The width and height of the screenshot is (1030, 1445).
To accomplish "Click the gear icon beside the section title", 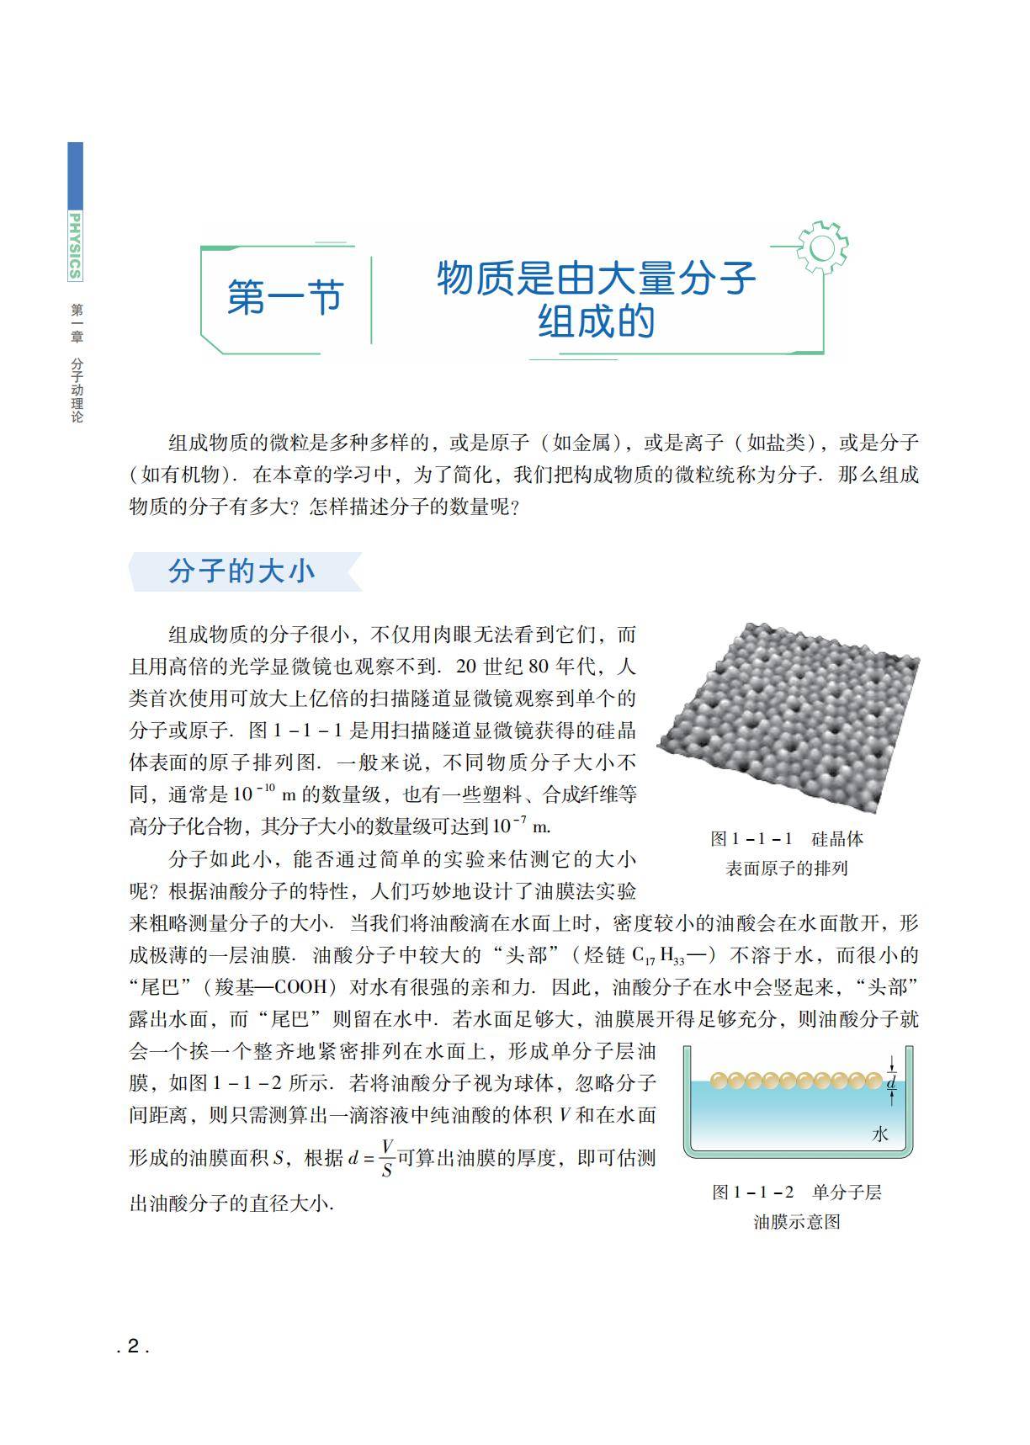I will pyautogui.click(x=821, y=247).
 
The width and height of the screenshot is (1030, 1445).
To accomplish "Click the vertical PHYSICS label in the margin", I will pyautogui.click(x=76, y=246).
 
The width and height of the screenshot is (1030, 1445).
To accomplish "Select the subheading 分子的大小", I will pyautogui.click(x=242, y=571).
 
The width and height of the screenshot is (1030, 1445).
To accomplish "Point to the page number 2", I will pyautogui.click(x=133, y=1347).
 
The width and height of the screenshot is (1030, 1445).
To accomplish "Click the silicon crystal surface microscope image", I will pyautogui.click(x=788, y=717).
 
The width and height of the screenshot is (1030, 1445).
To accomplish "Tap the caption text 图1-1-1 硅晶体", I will pyautogui.click(x=787, y=839).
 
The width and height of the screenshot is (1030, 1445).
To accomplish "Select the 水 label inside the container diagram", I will pyautogui.click(x=880, y=1134).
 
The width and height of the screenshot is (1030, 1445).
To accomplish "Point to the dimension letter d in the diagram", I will pyautogui.click(x=892, y=1084).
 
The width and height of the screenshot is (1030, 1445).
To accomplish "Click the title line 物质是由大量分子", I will pyautogui.click(x=596, y=279).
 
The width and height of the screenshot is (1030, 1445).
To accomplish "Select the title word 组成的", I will pyautogui.click(x=596, y=321).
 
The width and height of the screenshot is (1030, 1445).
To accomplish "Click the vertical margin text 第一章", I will pyautogui.click(x=77, y=323).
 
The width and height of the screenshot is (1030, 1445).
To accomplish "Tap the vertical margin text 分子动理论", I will pyautogui.click(x=77, y=390).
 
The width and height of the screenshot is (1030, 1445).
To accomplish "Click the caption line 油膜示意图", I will pyautogui.click(x=797, y=1222).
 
